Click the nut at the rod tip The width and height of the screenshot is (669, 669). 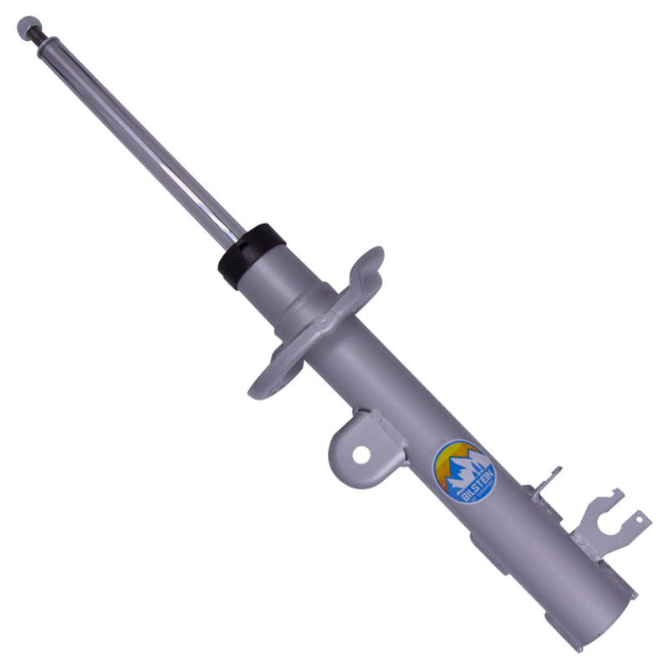tap(28, 28)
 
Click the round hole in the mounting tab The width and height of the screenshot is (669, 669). tap(361, 454)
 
